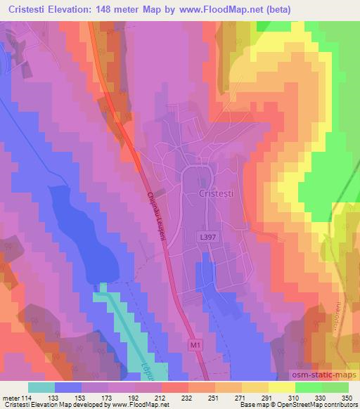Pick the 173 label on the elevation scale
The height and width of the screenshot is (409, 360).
pyautogui.click(x=109, y=397)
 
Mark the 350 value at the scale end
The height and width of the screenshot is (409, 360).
pyautogui.click(x=347, y=397)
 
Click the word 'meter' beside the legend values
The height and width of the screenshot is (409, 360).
pyautogui.click(x=11, y=397)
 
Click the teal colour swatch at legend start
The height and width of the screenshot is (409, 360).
pyautogui.click(x=41, y=387)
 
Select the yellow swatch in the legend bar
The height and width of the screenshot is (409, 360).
pyautogui.click(x=281, y=387)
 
